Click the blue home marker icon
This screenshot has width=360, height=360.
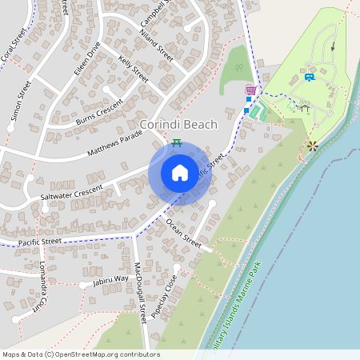pos(180,173)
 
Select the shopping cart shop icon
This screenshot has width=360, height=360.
pos(250,90)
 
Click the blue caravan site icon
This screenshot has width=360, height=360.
pos(309,77)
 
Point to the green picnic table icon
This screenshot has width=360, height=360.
pos(177,142)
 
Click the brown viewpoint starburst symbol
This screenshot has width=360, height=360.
pos(312,146)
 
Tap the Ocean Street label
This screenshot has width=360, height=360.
pos(182,230)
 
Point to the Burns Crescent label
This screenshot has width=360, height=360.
pos(99,111)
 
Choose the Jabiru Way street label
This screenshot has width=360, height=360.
pos(110,279)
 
